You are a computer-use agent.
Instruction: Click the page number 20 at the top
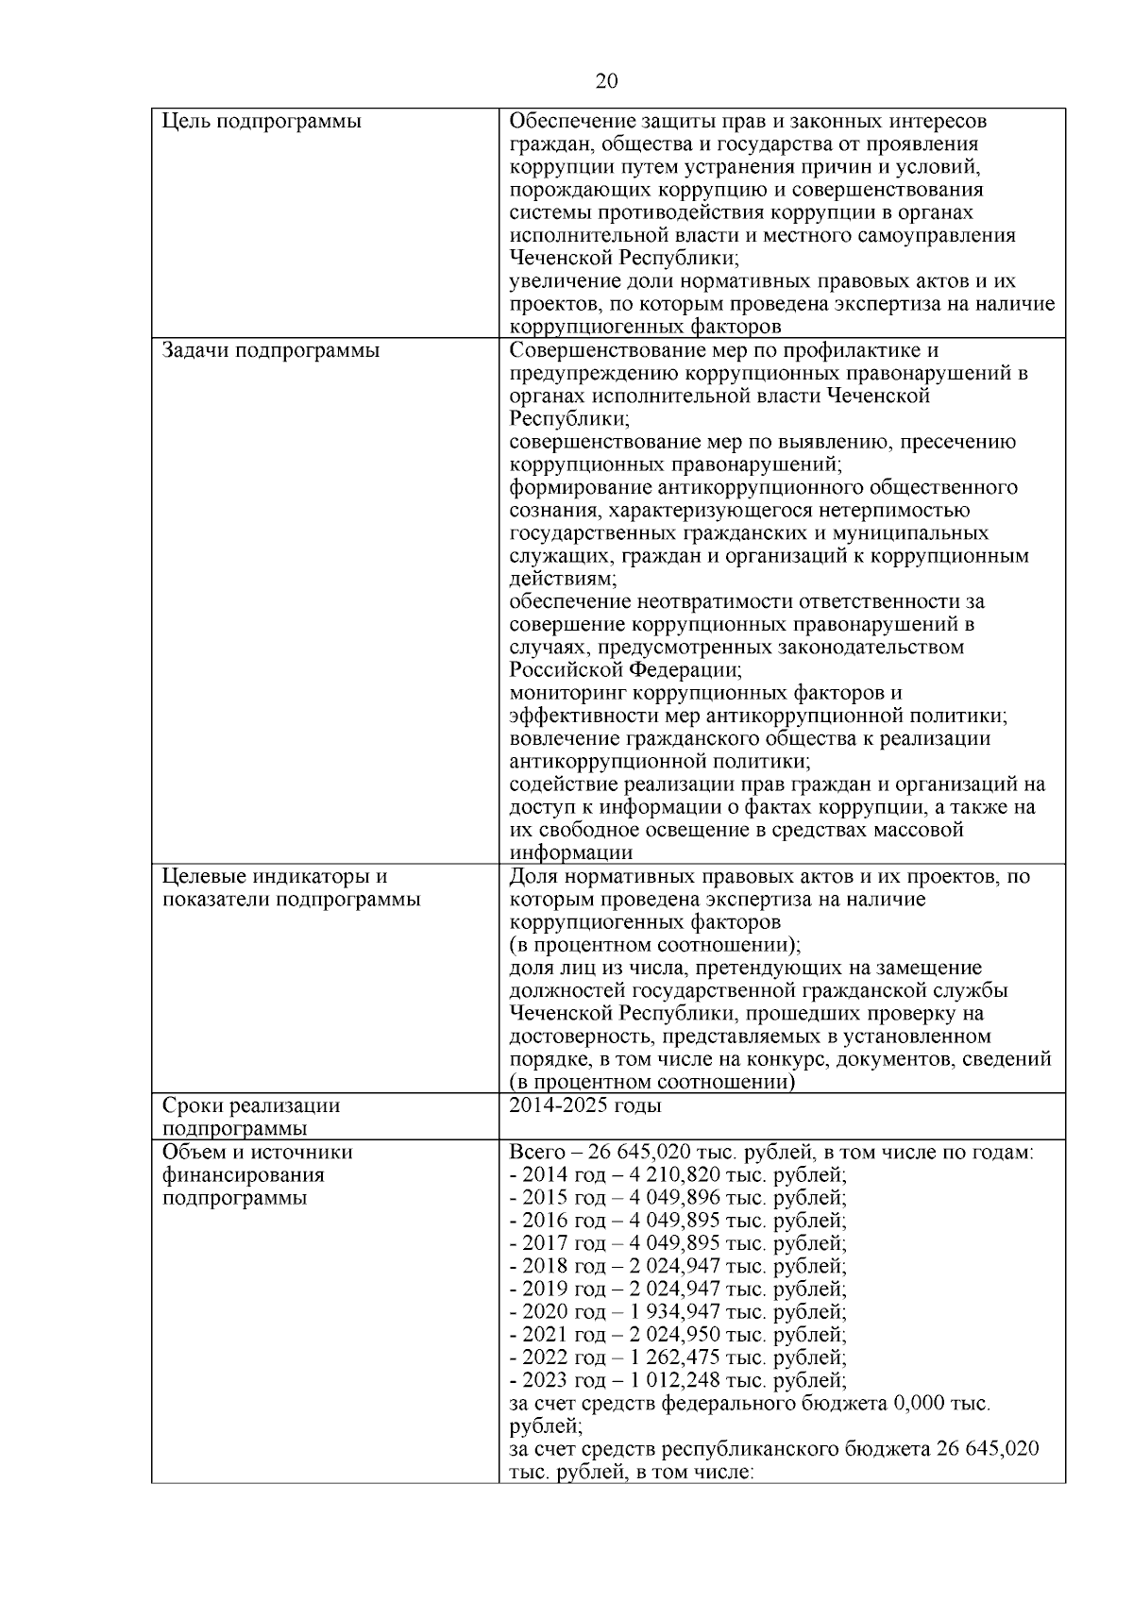tap(607, 82)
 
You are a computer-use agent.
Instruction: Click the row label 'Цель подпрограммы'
tap(262, 122)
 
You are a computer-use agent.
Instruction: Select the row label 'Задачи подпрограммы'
tap(270, 351)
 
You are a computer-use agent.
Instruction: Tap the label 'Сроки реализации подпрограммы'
tap(251, 1117)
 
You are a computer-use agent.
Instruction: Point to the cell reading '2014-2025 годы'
tap(584, 1105)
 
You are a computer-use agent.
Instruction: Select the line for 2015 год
tap(677, 1198)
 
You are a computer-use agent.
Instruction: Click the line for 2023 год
tap(677, 1381)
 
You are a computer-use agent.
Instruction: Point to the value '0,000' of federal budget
tap(920, 1404)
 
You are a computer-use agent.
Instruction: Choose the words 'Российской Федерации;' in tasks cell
tap(625, 670)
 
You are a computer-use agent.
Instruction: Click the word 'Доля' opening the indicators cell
tap(531, 877)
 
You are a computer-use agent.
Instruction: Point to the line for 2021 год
tap(677, 1335)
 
